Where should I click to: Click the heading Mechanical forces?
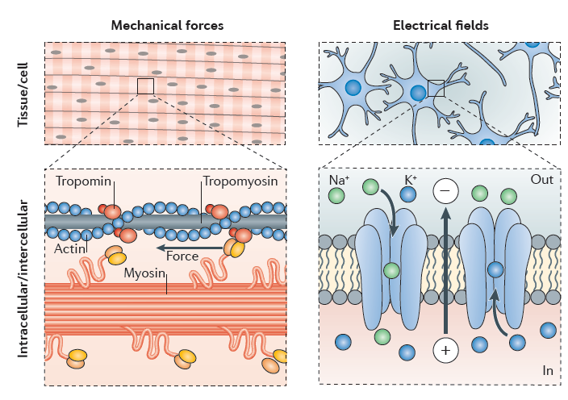click(x=166, y=25)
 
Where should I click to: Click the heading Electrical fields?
click(x=441, y=25)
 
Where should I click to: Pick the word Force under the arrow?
click(x=182, y=257)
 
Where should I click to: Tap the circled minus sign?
click(x=445, y=192)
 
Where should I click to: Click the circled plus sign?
click(x=445, y=350)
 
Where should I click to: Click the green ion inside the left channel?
click(x=392, y=270)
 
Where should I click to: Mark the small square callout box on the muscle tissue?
click(x=146, y=86)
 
